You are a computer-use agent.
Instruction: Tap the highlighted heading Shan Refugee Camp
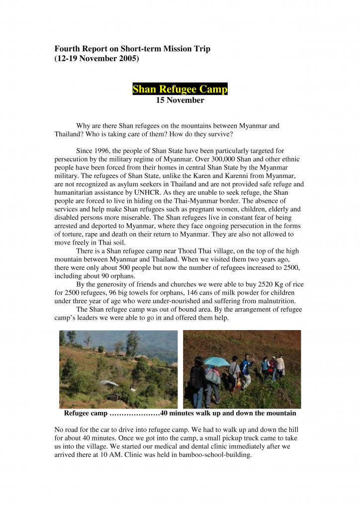coord(180,89)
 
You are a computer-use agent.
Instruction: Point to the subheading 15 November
coord(180,100)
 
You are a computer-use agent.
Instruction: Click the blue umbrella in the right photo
coord(217,361)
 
